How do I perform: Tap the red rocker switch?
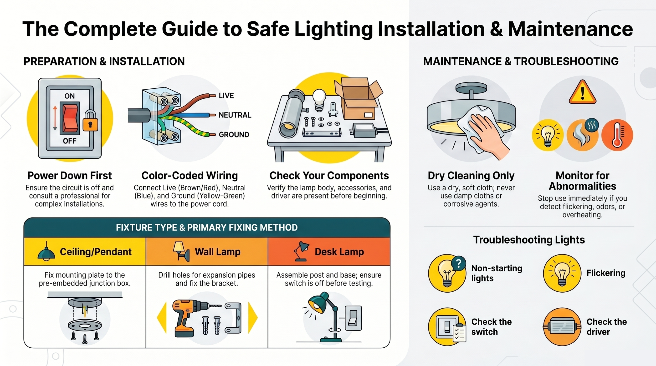70,119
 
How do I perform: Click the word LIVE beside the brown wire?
226,96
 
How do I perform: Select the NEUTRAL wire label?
235,115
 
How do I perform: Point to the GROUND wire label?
234,135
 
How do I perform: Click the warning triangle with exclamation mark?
582,92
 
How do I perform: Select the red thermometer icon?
617,135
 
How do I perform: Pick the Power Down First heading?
70,176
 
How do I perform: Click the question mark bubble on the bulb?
458,264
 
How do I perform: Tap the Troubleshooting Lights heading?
529,240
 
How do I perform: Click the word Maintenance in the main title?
570,29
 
